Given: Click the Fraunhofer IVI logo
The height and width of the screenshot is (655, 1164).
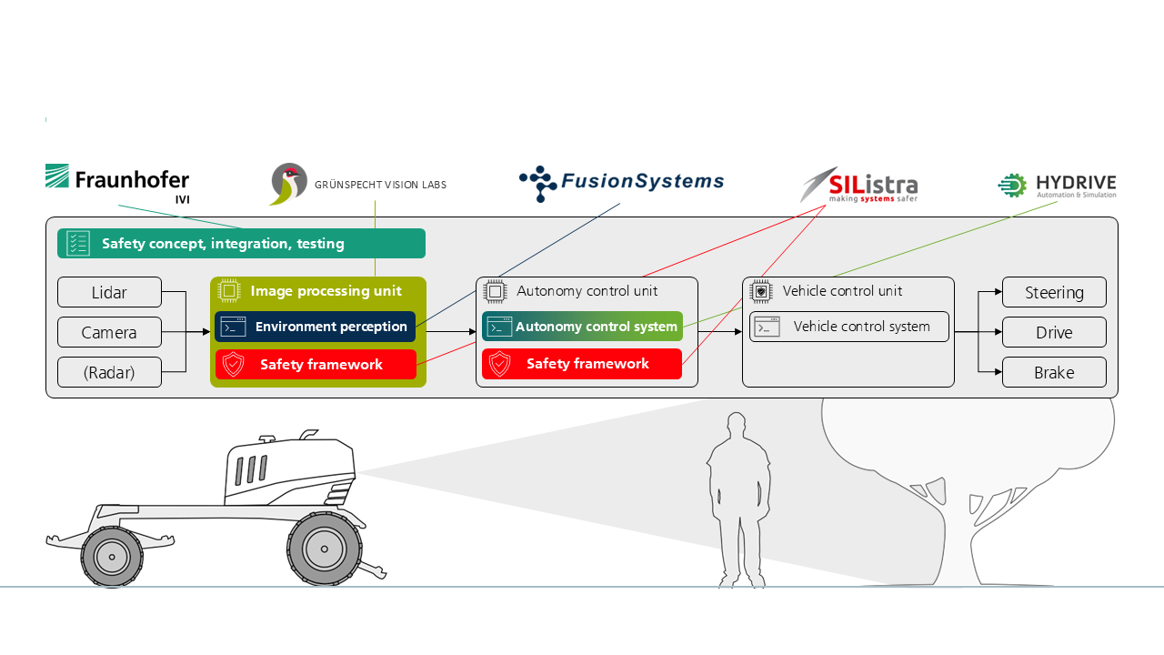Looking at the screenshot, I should [x=117, y=183].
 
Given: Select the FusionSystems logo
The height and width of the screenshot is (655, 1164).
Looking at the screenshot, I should [x=621, y=183].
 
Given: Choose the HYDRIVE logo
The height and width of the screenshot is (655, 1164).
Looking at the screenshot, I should [x=1057, y=186].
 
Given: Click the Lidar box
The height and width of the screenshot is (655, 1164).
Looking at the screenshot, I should [x=109, y=293].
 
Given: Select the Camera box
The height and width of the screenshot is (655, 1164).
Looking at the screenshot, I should [x=109, y=333].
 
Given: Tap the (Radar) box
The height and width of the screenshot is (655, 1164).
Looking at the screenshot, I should [x=109, y=373].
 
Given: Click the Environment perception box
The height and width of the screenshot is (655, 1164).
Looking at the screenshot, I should [x=316, y=327].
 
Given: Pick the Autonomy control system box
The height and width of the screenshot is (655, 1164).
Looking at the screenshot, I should [x=582, y=327].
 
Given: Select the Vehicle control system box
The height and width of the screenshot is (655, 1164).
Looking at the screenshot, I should [x=849, y=327].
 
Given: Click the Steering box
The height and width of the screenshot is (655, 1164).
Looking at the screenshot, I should [x=1054, y=293].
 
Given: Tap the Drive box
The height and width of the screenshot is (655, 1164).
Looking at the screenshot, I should [x=1054, y=333].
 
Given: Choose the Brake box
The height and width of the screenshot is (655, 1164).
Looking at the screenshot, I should [x=1054, y=373].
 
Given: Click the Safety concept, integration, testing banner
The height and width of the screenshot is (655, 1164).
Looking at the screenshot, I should [x=241, y=244].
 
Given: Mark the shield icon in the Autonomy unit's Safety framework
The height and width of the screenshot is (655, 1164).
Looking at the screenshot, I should [x=500, y=364].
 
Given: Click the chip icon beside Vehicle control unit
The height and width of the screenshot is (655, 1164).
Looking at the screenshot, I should [x=760, y=291].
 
